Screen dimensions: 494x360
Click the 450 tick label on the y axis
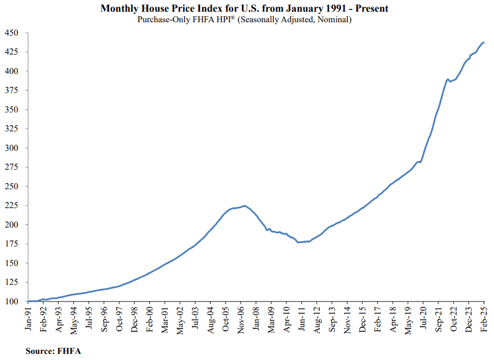coord(11,33)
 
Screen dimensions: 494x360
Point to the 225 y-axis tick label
coord(11,205)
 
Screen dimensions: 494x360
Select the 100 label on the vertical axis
coord(11,302)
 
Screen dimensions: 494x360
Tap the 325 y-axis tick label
coord(11,129)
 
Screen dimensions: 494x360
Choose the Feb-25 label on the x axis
coord(484,319)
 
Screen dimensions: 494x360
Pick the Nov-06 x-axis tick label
coord(241,319)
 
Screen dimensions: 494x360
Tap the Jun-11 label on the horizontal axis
coord(302,319)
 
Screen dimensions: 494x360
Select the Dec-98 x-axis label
coord(135,319)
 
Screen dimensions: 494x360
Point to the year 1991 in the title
coord(336,8)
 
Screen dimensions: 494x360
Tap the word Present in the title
coord(372,8)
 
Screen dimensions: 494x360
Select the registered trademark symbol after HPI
coord(233,17)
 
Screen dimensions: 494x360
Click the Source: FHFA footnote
coord(53,351)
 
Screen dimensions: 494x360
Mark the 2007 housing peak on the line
coord(245,206)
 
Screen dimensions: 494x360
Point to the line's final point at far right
coord(484,42)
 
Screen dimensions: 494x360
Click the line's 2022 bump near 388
coord(447,80)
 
